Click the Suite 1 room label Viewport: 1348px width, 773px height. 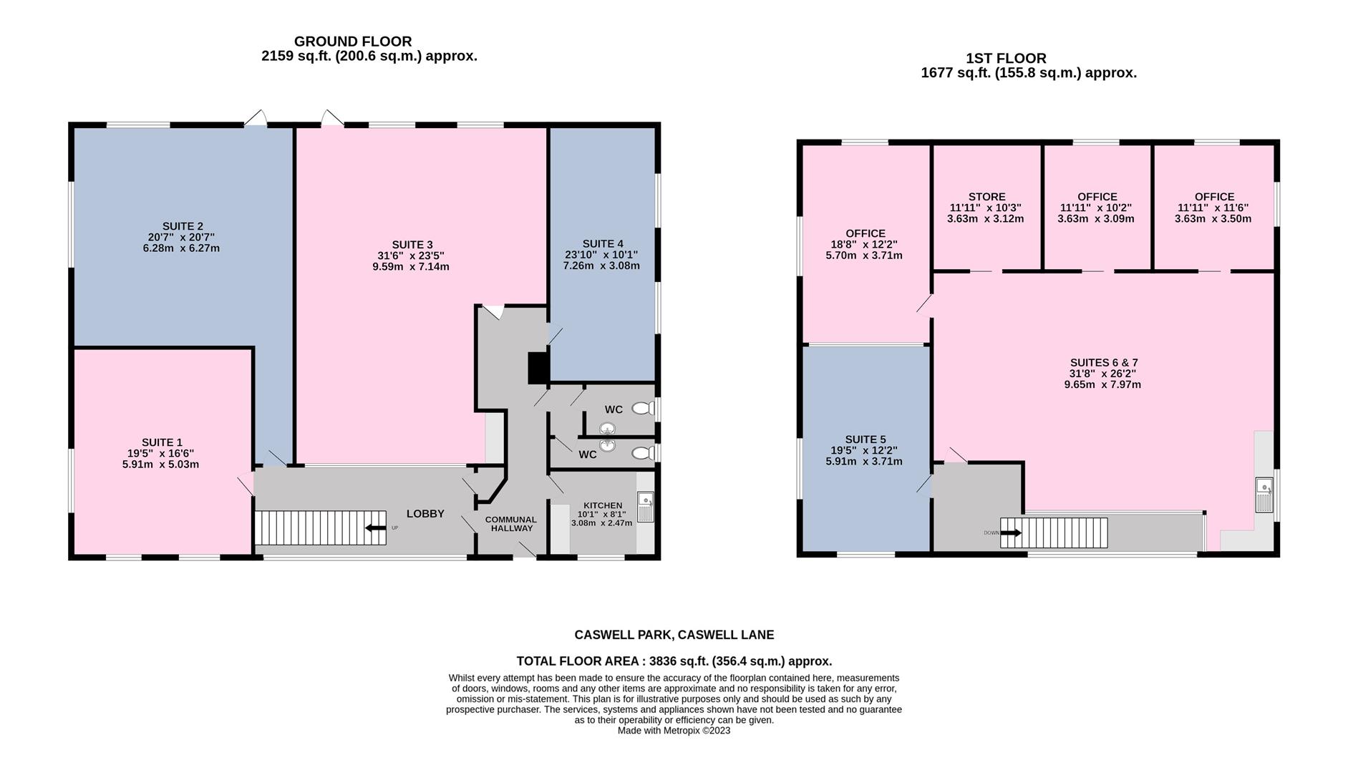coord(162,442)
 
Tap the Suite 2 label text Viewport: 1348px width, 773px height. coord(183,226)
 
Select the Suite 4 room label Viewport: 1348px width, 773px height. coord(603,243)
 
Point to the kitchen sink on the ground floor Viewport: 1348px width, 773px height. coord(645,507)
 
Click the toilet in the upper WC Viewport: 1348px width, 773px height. coord(644,409)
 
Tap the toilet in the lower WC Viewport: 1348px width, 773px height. coord(644,453)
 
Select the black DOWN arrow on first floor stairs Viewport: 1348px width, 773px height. coord(1011,533)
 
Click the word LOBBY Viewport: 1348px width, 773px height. coord(425,514)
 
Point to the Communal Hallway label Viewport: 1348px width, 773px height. coord(511,524)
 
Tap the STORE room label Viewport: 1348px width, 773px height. coord(987,197)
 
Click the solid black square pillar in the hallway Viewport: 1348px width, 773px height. coord(538,368)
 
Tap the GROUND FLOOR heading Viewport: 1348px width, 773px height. coord(353,42)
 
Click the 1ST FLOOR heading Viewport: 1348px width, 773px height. coord(1006,59)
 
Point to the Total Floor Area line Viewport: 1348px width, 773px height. coord(674,661)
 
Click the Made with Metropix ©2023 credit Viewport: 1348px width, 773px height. coord(674,731)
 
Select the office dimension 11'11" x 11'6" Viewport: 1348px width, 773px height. coord(1214,208)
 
